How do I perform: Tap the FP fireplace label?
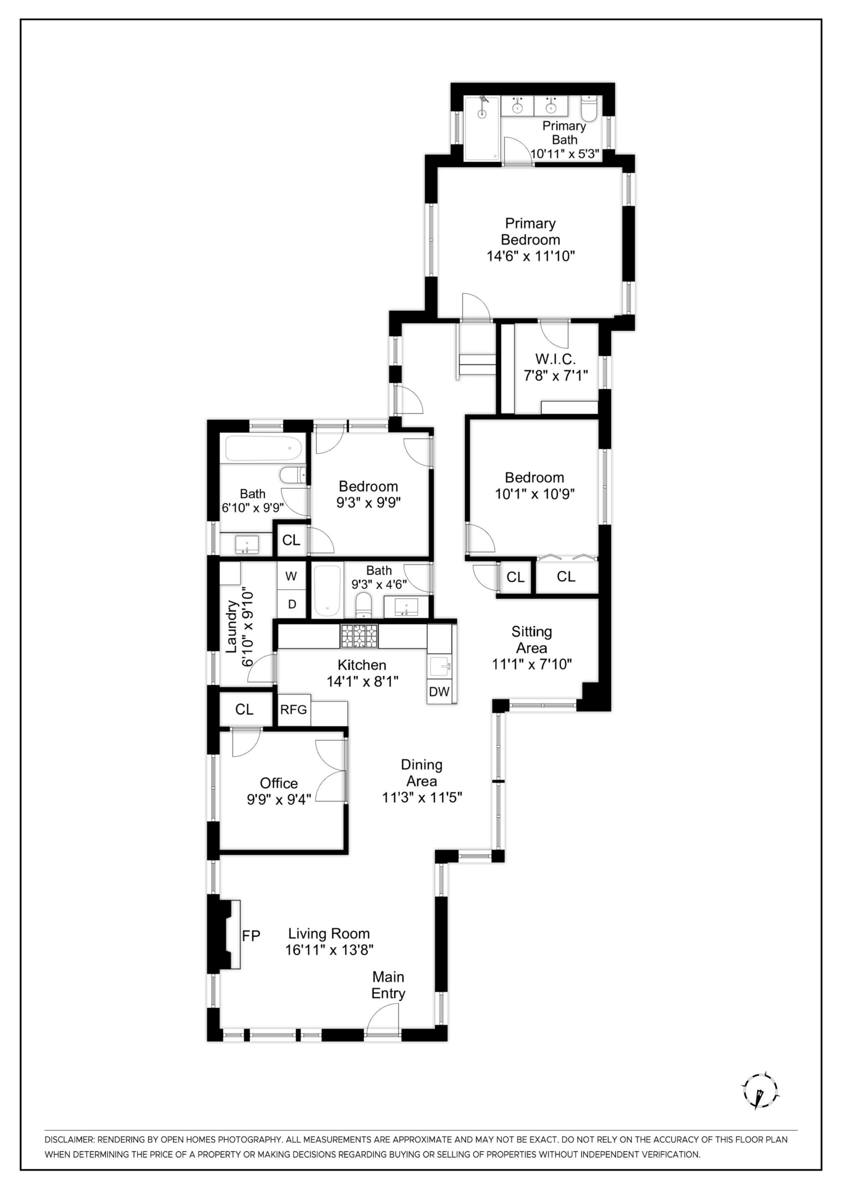(251, 935)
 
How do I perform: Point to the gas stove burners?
(359, 636)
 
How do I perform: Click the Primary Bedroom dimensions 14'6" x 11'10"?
(531, 256)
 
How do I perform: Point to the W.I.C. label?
(556, 359)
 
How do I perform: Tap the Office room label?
(279, 783)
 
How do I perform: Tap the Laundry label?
(231, 626)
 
